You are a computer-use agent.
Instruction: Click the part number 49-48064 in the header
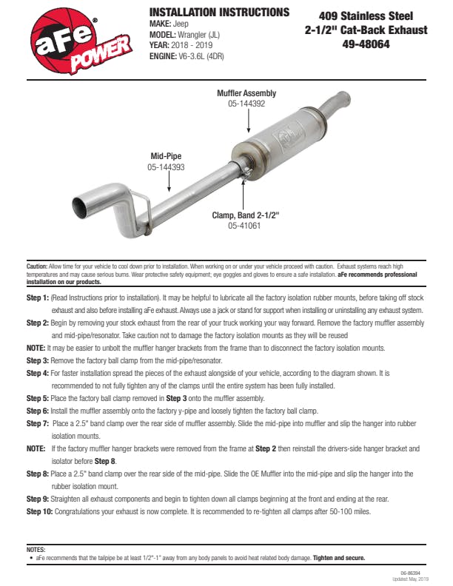pyautogui.click(x=366, y=44)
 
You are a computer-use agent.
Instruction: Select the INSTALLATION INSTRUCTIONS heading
pyautogui.click(x=219, y=13)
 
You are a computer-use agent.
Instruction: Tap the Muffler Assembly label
pyautogui.click(x=246, y=93)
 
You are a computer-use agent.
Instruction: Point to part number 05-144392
pyautogui.click(x=246, y=104)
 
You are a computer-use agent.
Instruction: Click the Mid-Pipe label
pyautogui.click(x=166, y=156)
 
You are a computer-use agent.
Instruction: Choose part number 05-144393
pyautogui.click(x=166, y=168)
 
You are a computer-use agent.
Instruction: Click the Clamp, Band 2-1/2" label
pyautogui.click(x=246, y=215)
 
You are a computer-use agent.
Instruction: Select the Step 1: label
pyautogui.click(x=38, y=297)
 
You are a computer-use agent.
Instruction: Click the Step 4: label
pyautogui.click(x=38, y=374)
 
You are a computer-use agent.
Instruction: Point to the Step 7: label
pyautogui.click(x=38, y=424)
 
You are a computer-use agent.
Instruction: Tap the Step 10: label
pyautogui.click(x=40, y=511)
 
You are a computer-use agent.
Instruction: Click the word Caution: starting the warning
pyautogui.click(x=36, y=265)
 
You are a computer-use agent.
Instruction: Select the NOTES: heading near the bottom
pyautogui.click(x=36, y=550)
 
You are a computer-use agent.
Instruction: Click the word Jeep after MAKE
pyautogui.click(x=181, y=24)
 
